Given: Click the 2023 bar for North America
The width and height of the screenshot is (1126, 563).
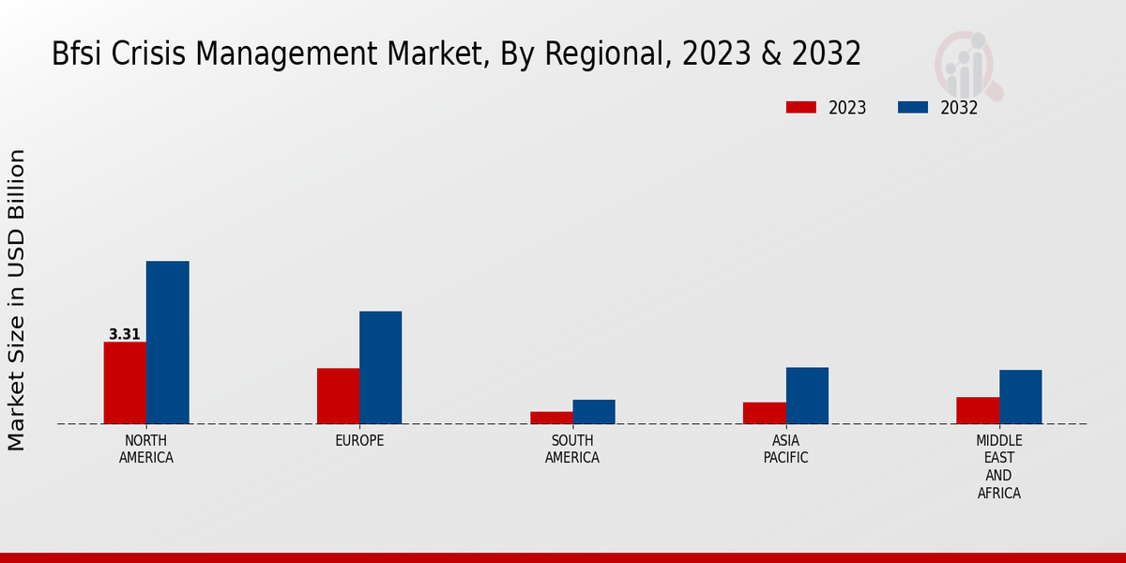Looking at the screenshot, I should point(125,383).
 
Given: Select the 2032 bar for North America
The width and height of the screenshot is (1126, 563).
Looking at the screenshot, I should point(167,342).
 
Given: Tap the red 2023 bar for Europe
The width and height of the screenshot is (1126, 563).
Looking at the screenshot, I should point(338,396).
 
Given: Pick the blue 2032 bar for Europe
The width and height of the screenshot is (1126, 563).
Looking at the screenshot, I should point(380,368).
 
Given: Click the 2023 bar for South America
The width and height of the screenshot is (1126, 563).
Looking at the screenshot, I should point(551,418).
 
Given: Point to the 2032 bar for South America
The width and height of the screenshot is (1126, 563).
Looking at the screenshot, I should point(594,412).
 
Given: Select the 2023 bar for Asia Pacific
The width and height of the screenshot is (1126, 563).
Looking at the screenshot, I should point(764,413).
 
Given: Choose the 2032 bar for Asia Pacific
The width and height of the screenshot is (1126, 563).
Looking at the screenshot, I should point(807,396).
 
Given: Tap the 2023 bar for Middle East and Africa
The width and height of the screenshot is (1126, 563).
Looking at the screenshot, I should point(978,410).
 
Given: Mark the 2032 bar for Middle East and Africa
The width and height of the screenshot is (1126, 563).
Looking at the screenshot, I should point(1020,397).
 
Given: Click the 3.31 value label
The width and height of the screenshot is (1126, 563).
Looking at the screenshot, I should point(125,334).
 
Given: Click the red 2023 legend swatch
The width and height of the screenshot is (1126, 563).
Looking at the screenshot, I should point(800,108).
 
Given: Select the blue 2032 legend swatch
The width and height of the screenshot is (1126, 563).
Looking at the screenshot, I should point(913,108).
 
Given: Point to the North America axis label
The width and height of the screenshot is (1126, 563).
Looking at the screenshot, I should point(146,449).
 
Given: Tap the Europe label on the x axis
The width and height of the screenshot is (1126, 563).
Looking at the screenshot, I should point(359,441).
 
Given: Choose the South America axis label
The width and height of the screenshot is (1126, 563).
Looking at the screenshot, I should point(572,449).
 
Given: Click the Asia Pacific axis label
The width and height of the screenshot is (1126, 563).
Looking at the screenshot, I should point(785,449).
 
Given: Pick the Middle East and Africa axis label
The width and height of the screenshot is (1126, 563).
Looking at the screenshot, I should point(998,466).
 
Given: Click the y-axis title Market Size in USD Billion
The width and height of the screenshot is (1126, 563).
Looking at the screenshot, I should point(17,299).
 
